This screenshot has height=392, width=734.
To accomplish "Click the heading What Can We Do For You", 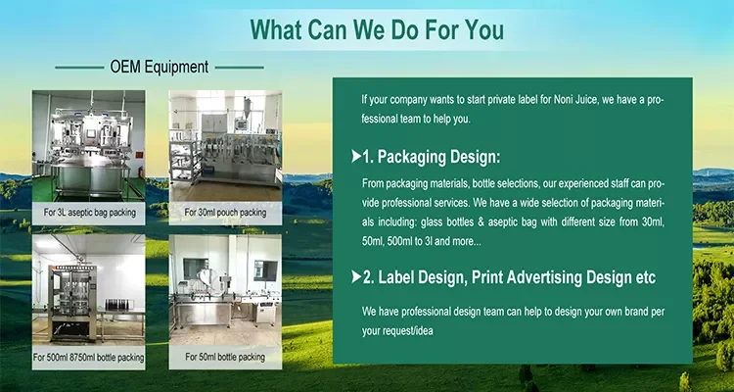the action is click(377, 29).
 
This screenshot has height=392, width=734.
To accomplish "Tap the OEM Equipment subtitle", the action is click(160, 67).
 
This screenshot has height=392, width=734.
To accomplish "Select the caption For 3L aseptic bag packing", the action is click(89, 213).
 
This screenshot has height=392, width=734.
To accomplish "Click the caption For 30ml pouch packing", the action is click(225, 213).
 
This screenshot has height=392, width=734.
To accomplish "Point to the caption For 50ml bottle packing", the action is click(225, 357).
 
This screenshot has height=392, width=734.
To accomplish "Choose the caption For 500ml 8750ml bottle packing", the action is click(88, 358).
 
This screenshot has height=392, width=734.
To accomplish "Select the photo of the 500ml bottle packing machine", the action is click(88, 290).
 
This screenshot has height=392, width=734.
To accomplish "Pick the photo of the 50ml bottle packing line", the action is click(225, 290).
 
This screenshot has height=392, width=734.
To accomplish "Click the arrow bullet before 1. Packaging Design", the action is click(356, 156).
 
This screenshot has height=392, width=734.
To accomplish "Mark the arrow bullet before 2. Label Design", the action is click(356, 277).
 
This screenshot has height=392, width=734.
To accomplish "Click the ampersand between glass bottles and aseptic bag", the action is click(479, 222).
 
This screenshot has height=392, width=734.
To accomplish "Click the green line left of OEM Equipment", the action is click(79, 68).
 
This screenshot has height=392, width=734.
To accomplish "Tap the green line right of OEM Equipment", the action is click(239, 68).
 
